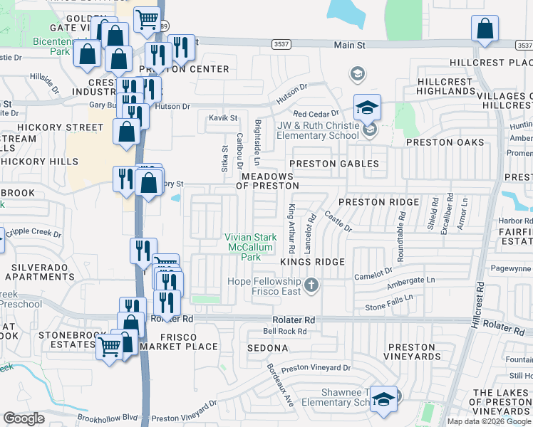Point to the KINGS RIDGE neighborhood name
pyautogui.click(x=313, y=262)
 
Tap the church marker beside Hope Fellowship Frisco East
pyautogui.click(x=310, y=286)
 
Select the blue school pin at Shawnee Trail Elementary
pyautogui.click(x=384, y=399)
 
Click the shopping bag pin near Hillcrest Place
pyautogui.click(x=485, y=29)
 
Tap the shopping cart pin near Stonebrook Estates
pyautogui.click(x=109, y=347)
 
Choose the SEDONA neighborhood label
pyautogui.click(x=267, y=348)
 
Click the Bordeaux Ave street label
pyautogui.click(x=280, y=385)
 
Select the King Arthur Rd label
pyautogui.click(x=291, y=229)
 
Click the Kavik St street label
pyautogui.click(x=222, y=117)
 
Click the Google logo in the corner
pyautogui.click(x=24, y=418)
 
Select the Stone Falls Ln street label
pyautogui.click(x=389, y=307)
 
